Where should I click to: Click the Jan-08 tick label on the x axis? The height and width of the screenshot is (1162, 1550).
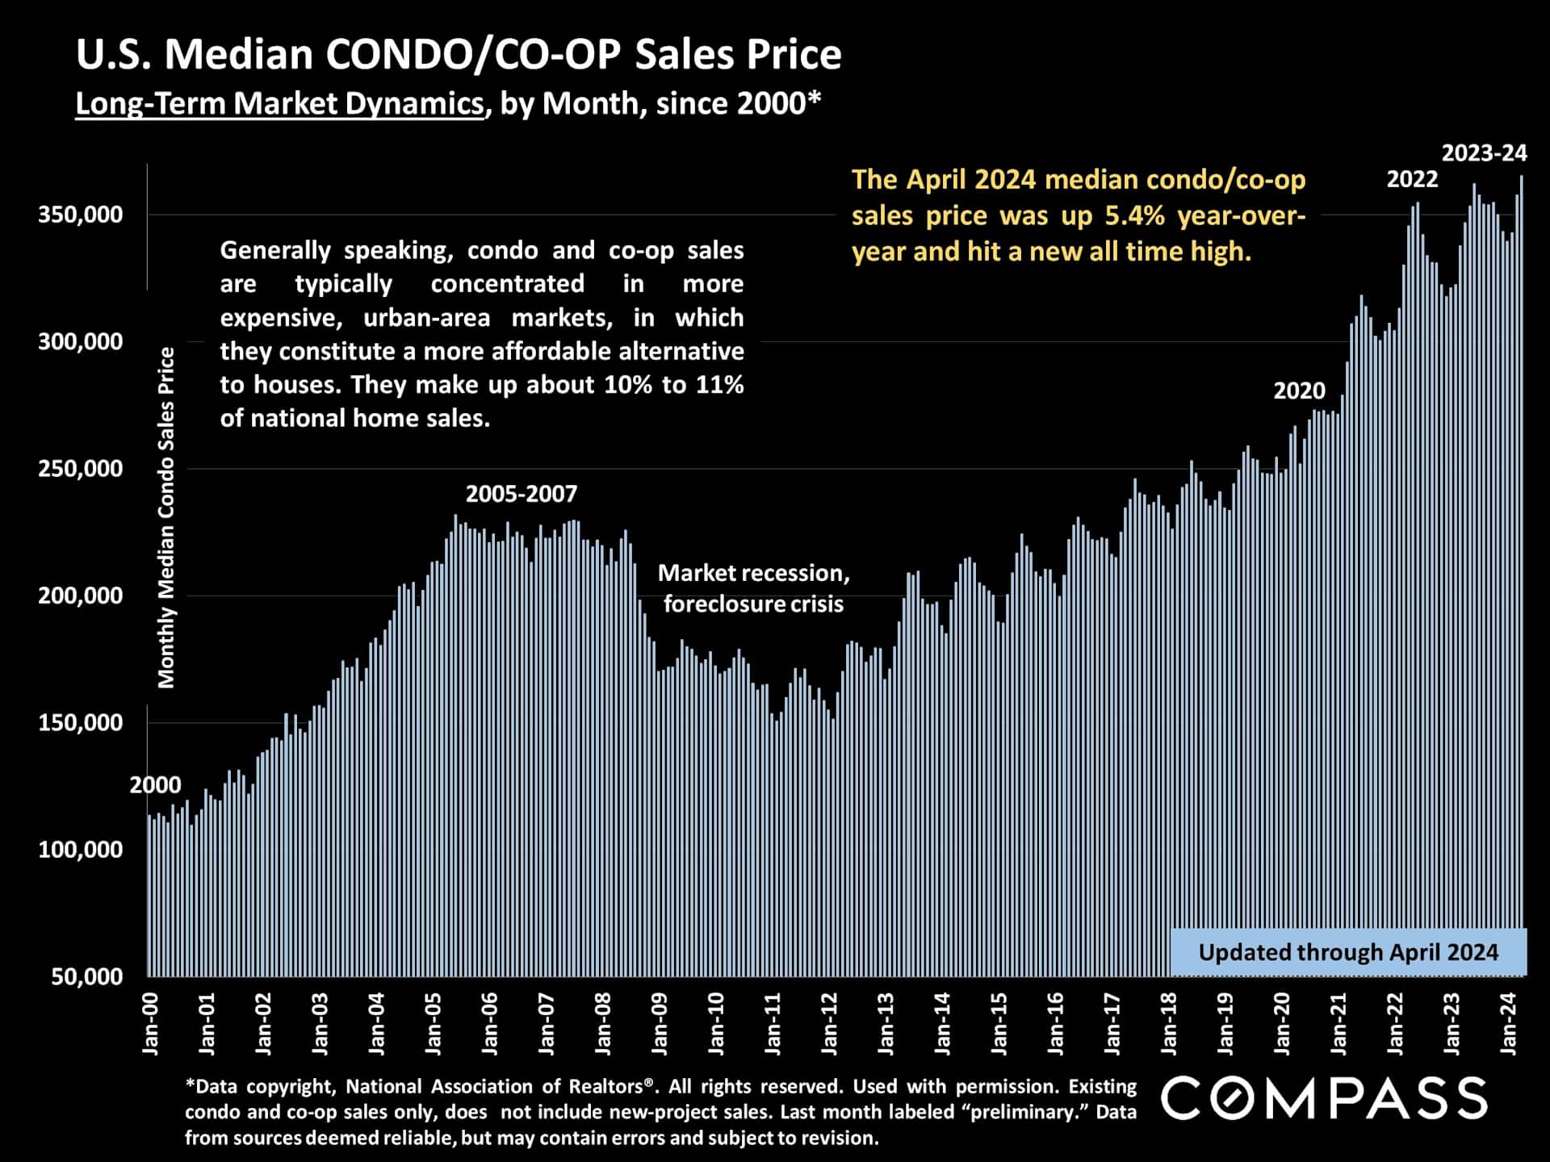pos(603,1024)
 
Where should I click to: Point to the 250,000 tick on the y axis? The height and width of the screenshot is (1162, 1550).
pos(81,469)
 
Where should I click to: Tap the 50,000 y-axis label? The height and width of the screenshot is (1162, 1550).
pos(87,976)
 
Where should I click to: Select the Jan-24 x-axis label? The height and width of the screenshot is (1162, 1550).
pos(1509,1024)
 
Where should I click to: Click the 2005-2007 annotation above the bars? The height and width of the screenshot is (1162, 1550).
pos(522,494)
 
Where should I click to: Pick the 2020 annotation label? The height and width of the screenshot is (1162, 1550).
pos(1299,391)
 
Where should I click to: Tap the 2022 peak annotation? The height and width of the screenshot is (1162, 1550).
pos(1412,179)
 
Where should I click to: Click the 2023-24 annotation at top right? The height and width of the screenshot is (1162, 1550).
pos(1485,153)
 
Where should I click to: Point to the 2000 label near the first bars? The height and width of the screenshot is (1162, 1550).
pos(155,784)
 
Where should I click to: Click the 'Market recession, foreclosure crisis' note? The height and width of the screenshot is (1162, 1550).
pos(753,588)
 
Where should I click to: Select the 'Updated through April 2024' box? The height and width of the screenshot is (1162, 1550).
pos(1348,952)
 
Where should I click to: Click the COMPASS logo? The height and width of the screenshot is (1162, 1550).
pos(1324,1099)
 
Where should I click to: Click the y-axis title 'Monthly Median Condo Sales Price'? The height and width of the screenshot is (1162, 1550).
pos(166,517)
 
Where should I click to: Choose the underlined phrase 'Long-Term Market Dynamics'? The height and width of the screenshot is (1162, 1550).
pos(279,104)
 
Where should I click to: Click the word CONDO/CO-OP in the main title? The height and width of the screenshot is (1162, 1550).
pos(473,55)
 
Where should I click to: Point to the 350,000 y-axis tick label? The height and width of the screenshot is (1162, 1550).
pos(81,215)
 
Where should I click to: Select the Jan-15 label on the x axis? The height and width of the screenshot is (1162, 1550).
pos(999,1024)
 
